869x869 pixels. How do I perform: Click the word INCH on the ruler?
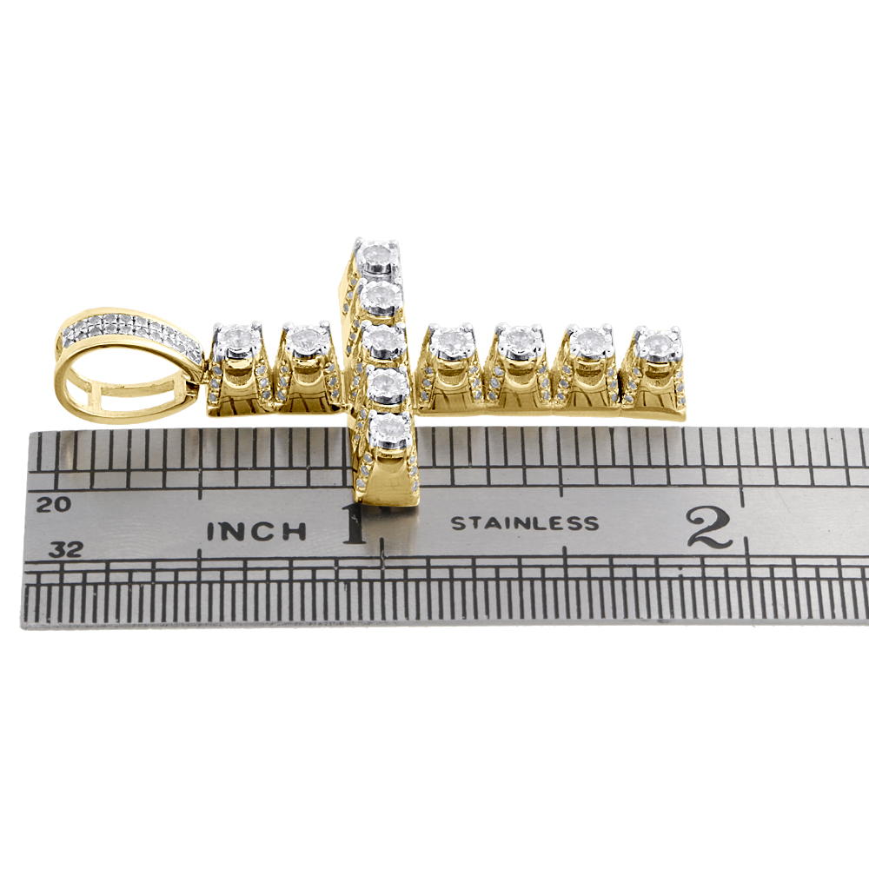pyautogui.click(x=256, y=531)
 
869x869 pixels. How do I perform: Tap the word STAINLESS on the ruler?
pyautogui.click(x=525, y=522)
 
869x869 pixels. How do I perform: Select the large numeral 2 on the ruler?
pyautogui.click(x=709, y=527)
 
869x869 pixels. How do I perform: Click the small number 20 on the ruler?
pyautogui.click(x=54, y=504)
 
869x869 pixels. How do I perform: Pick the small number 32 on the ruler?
pyautogui.click(x=65, y=549)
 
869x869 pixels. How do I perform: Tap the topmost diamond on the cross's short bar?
pyautogui.click(x=378, y=255)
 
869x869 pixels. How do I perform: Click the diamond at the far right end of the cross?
pyautogui.click(x=657, y=343)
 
